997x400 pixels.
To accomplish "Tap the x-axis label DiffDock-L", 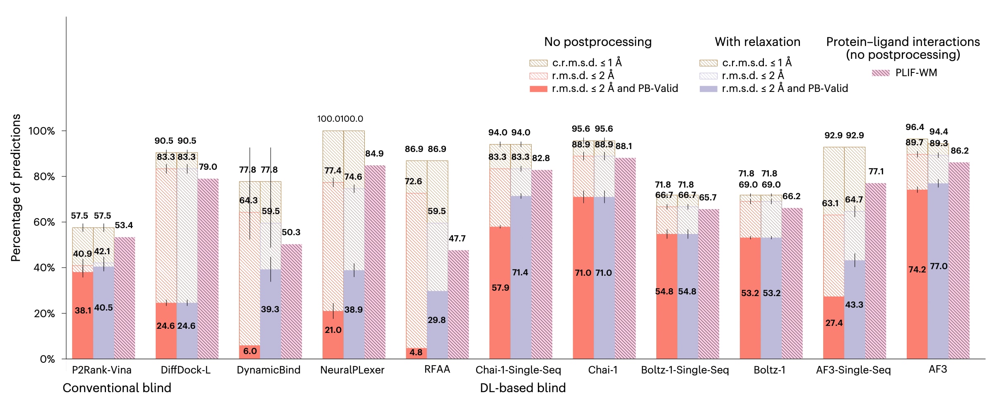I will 185,370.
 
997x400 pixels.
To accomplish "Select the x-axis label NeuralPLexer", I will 352,370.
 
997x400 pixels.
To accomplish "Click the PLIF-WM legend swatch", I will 880,73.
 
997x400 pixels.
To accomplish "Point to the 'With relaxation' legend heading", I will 757,42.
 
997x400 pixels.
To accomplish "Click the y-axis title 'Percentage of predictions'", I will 16,188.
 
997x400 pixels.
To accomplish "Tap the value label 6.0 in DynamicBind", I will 250,351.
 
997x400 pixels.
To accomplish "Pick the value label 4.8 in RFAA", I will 416,352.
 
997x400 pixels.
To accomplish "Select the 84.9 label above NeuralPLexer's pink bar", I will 374,154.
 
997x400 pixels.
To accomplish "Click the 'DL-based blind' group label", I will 523,388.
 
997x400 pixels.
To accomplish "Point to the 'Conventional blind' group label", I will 117,388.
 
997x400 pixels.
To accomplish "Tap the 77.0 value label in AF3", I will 939,266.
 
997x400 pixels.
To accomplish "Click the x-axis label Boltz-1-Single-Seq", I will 685,370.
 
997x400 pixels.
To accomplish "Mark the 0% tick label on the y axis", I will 47,359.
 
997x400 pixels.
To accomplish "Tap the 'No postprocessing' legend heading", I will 597,42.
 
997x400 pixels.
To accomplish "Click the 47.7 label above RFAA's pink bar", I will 457,239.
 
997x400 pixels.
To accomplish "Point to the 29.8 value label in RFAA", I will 436,320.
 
